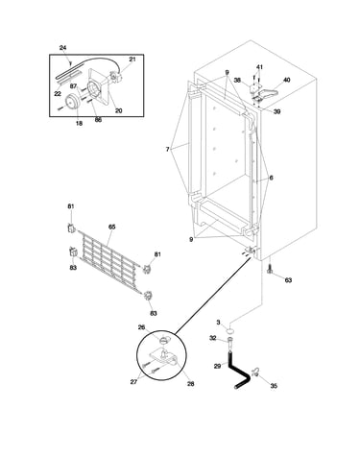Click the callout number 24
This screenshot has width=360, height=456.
click(63, 48)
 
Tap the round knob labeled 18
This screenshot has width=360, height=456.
click(72, 102)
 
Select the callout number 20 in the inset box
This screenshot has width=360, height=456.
click(118, 110)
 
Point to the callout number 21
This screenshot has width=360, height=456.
click(132, 60)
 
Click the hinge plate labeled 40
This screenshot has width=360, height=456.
click(268, 93)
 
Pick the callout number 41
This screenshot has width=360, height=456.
click(259, 67)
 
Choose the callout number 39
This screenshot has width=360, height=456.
click(277, 111)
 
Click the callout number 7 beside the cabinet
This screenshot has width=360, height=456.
click(167, 149)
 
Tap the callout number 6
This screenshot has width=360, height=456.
click(271, 178)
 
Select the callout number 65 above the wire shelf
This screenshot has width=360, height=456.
click(111, 227)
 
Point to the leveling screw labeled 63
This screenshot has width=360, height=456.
click(270, 270)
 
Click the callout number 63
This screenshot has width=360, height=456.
click(288, 280)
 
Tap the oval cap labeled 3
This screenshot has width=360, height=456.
click(230, 329)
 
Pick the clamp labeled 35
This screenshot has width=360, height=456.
click(255, 372)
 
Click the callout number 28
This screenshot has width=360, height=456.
click(190, 384)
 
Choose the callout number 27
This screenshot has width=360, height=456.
click(133, 382)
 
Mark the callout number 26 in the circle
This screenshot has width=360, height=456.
click(141, 327)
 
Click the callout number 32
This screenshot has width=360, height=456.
click(213, 338)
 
